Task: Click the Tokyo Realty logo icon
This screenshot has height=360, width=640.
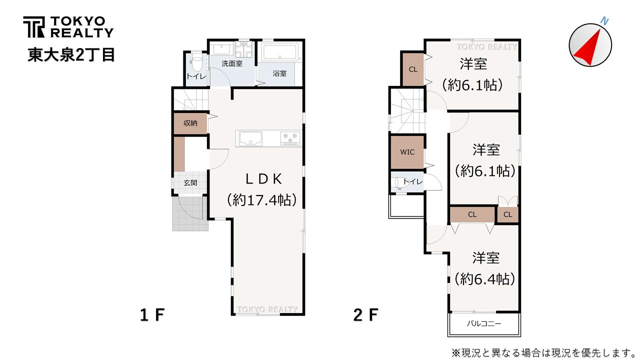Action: pos(33,27)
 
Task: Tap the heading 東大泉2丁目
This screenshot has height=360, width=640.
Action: pos(71,54)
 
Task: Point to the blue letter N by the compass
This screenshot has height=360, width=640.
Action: pos(604,21)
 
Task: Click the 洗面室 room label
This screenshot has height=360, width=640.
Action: pos(232,63)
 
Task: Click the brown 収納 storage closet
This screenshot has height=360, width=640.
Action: pos(190,123)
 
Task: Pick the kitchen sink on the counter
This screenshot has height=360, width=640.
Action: pos(250,138)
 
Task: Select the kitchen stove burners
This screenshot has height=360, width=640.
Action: pos(290,138)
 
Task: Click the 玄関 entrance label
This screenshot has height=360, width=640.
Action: pos(190,182)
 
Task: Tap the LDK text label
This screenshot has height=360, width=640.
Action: pos(264,179)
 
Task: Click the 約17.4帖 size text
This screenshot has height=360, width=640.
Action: pos(262,200)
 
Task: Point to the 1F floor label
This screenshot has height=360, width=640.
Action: pos(152,315)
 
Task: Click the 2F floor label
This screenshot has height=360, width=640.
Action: pos(365,315)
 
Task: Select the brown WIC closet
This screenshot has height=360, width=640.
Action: pos(407,152)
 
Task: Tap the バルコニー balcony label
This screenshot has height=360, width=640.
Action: pos(484,323)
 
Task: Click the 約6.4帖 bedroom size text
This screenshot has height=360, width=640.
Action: pos(485,279)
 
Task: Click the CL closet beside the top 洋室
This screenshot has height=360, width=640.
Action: pos(413,69)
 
